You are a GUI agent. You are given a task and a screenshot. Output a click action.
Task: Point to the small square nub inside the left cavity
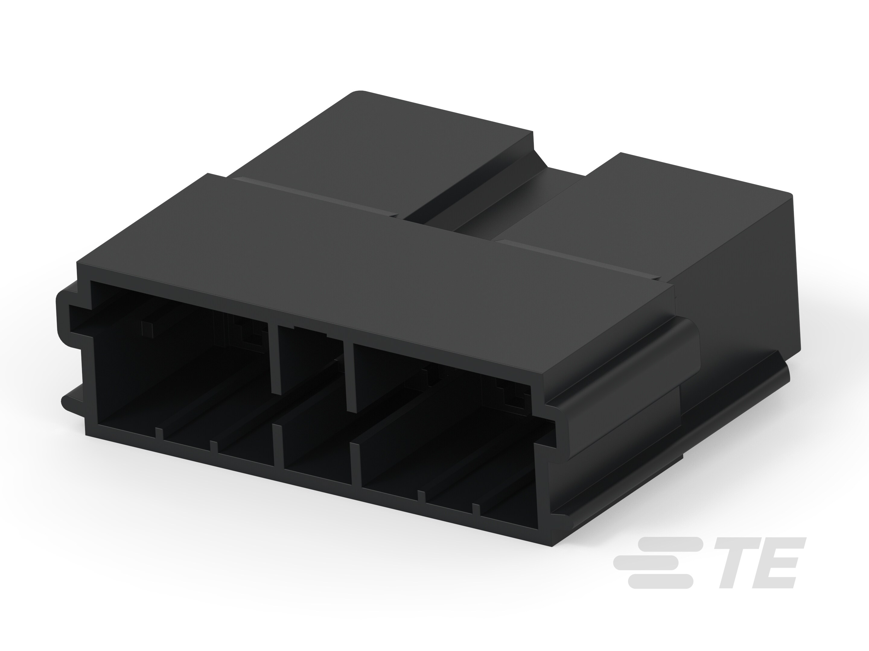(x=147, y=329)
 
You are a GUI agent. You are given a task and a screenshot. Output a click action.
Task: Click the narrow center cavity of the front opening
(x=314, y=412)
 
